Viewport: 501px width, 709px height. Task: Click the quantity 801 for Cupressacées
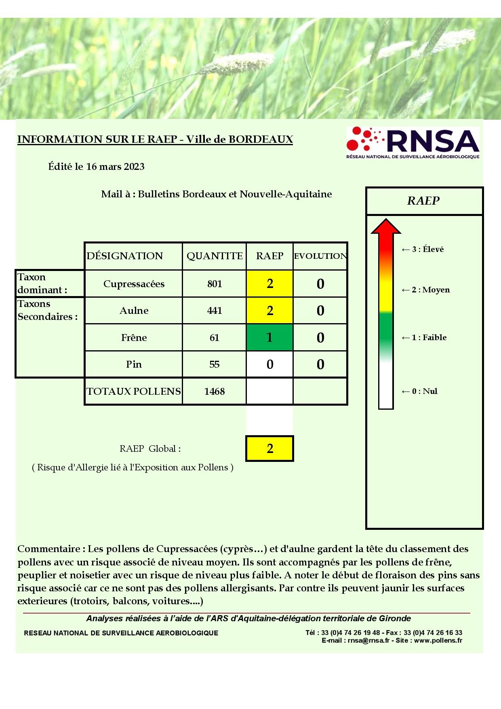click(215, 284)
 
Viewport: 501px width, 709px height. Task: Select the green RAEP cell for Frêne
click(269, 337)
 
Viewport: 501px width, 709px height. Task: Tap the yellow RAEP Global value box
click(269, 448)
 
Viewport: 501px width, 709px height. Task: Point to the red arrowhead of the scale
click(386, 226)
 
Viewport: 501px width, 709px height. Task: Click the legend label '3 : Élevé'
click(427, 249)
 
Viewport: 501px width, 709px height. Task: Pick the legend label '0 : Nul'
click(424, 391)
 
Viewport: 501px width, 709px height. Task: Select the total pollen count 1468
click(215, 392)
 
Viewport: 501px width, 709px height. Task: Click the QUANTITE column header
click(215, 256)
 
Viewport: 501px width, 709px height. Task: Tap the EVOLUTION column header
click(320, 256)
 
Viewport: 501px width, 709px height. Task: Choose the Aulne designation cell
click(134, 311)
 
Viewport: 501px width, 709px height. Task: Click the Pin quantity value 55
click(215, 364)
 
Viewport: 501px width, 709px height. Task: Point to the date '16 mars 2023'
click(115, 167)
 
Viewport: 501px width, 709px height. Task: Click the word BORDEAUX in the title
click(261, 139)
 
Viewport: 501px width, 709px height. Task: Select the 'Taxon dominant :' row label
click(42, 284)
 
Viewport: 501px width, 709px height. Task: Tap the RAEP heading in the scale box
click(423, 201)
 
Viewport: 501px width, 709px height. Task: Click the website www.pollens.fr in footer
click(438, 641)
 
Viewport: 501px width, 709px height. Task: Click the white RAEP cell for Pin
click(269, 364)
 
